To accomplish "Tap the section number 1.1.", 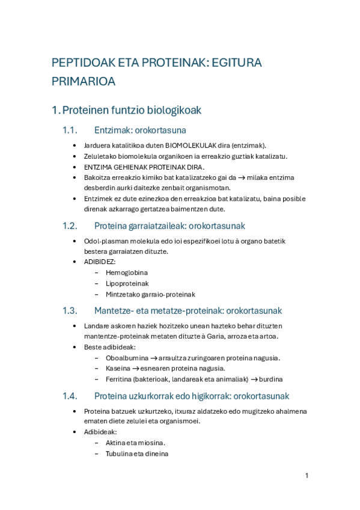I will point(70,130).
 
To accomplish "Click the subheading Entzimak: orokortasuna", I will point(140,130).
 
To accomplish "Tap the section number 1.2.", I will point(70,226).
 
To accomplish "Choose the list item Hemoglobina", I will point(126,272).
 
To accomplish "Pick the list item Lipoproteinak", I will point(127,283).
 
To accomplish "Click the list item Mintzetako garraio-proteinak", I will point(150,294).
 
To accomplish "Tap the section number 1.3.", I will point(70,311).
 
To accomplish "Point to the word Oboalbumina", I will point(127,358).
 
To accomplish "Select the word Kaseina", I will point(118,368).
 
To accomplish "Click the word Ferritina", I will point(120,379).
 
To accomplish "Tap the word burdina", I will point(271,379).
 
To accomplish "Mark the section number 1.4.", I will point(70,396).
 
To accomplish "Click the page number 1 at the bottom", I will point(307,476).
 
